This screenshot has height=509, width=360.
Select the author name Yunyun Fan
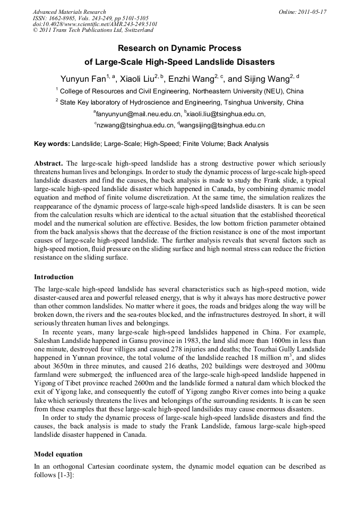[x=83, y=79]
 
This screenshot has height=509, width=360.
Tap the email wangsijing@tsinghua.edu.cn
[x=223, y=126]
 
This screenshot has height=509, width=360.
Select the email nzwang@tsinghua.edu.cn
[x=135, y=126]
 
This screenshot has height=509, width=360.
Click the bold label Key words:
[x=52, y=144]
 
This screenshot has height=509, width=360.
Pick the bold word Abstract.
[x=49, y=163]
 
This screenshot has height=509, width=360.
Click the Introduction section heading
[x=54, y=277]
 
